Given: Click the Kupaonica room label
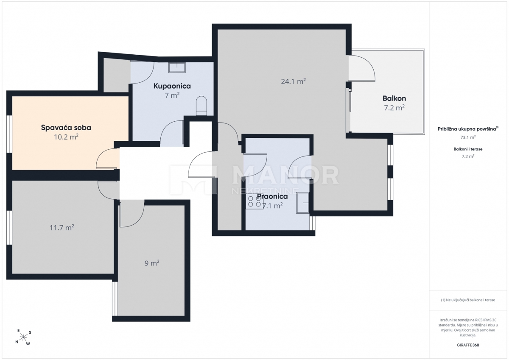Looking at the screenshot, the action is [172, 86].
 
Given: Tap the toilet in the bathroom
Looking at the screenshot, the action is [201, 106].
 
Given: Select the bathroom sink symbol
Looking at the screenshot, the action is [177, 68].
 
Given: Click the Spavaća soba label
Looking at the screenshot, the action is [66, 128].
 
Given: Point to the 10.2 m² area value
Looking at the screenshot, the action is [66, 137].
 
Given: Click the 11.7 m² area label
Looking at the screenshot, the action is [62, 227].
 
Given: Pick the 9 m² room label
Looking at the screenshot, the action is [152, 263].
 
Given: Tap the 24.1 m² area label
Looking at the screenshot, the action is [293, 81].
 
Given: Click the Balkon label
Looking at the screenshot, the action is [394, 98].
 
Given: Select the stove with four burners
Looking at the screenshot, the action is [254, 201].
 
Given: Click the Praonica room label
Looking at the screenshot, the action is [272, 196].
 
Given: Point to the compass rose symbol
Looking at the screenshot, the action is [23, 337].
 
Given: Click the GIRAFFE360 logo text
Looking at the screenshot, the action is [468, 345].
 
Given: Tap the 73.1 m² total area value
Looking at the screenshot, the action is [468, 137].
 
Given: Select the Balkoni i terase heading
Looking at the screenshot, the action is [468, 149].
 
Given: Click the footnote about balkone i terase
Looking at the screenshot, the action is [468, 300].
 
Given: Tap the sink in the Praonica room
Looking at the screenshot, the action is [303, 203].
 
